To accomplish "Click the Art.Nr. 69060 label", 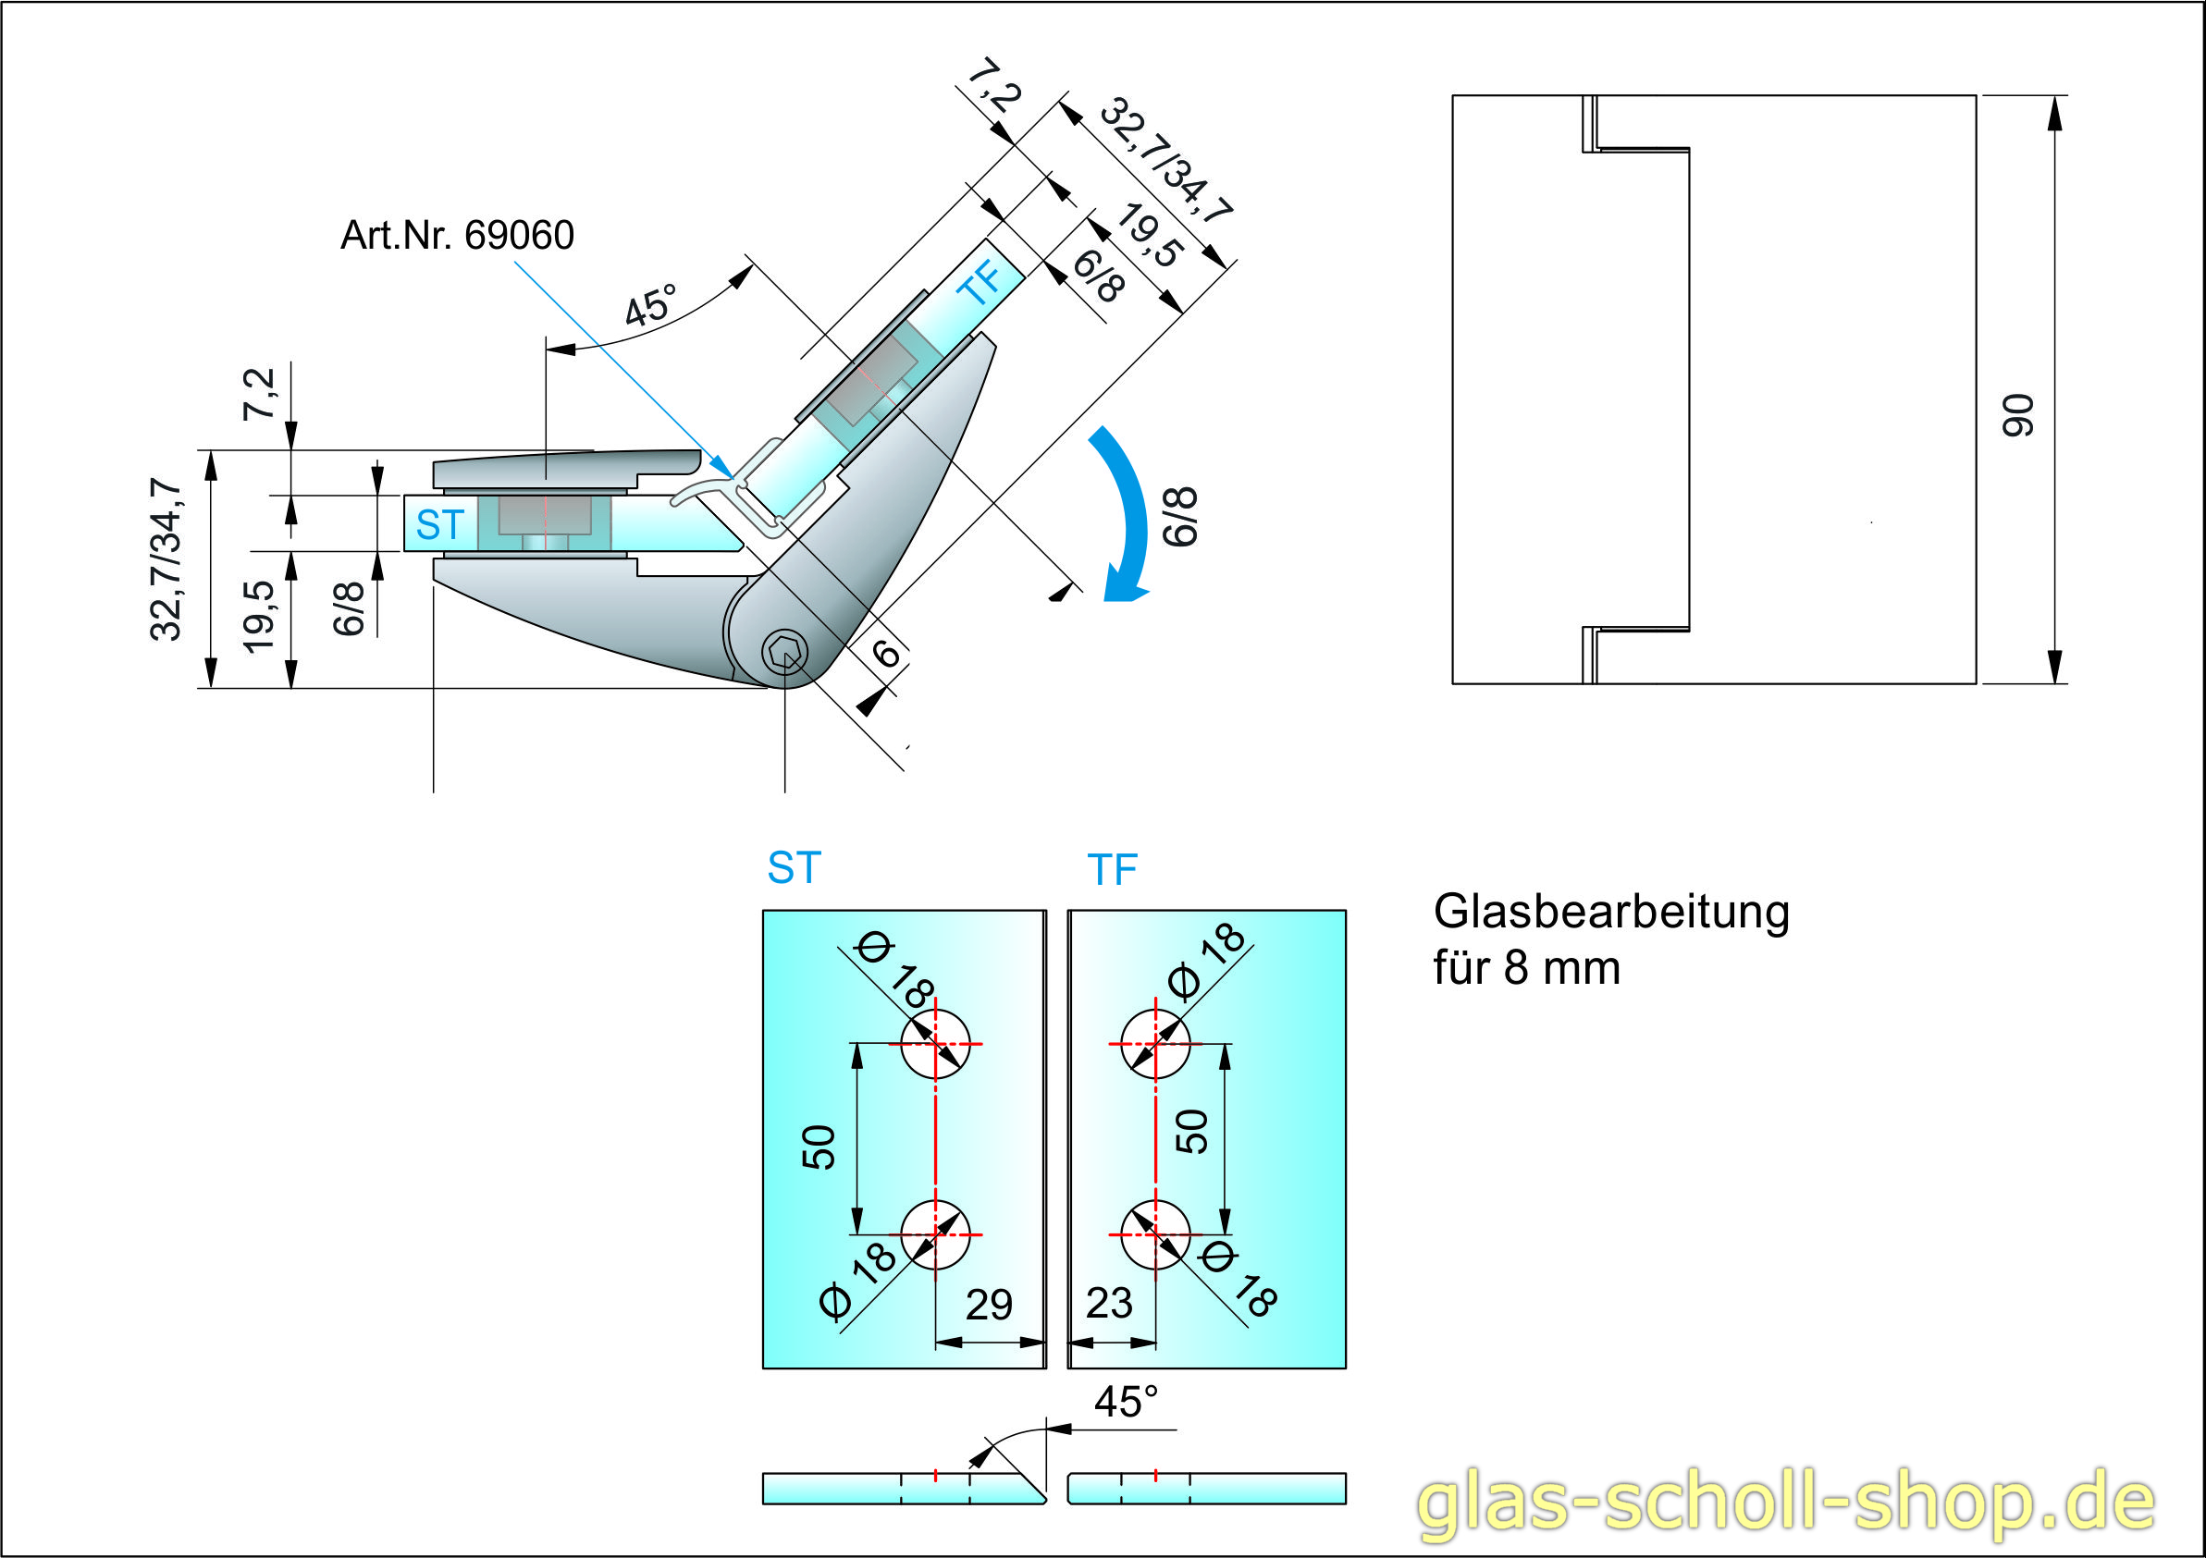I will [456, 236].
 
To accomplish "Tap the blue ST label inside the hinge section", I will [439, 525].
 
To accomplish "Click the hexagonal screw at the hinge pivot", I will [784, 654].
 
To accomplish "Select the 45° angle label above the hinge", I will [650, 306].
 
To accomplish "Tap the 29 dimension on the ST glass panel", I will [989, 1305].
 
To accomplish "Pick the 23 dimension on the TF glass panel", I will [1109, 1304].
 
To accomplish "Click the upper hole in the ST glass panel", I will [935, 1043].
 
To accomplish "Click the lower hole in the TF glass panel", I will [1155, 1234].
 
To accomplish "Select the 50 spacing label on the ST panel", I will [819, 1147].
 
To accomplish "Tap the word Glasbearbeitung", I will [1610, 912].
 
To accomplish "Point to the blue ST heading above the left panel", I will [794, 868].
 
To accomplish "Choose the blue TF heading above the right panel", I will [1112, 870].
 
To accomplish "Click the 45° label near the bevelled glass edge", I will [1125, 1403].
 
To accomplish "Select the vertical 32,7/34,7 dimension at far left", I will [166, 559].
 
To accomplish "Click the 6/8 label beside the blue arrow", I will [1181, 517].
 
